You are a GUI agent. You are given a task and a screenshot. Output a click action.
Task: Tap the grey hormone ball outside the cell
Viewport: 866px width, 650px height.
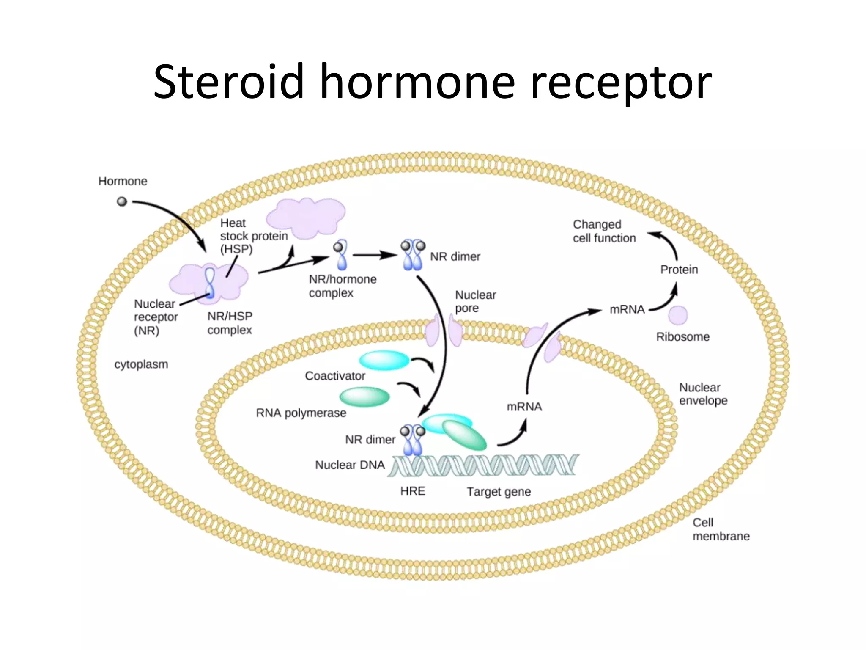tap(122, 201)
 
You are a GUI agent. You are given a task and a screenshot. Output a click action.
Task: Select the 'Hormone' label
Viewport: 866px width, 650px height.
tap(123, 181)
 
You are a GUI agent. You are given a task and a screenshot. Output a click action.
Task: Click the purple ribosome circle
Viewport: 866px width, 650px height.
tap(678, 315)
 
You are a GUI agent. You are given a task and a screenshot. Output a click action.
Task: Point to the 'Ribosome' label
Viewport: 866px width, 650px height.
tap(682, 337)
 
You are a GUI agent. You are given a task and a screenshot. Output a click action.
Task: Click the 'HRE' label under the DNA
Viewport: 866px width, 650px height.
tap(413, 491)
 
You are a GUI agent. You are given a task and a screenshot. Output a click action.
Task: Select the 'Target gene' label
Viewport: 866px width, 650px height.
tap(499, 492)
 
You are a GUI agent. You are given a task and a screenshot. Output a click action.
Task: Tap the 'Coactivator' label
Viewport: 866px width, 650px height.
tap(335, 376)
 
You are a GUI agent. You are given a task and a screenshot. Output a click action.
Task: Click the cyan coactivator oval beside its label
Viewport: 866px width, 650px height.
tap(384, 361)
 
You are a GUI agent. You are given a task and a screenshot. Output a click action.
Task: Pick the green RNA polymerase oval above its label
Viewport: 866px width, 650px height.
tap(364, 397)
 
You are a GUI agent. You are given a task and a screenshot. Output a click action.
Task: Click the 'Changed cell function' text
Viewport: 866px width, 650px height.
tap(604, 231)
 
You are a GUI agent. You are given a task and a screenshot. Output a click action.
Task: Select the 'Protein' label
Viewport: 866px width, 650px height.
tap(679, 270)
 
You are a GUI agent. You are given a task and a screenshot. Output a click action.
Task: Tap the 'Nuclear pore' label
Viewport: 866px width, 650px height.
tap(475, 301)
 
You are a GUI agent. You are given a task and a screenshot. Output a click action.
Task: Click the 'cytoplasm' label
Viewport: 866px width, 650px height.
tap(141, 364)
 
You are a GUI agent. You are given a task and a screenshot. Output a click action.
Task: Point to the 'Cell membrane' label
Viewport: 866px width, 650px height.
tap(720, 529)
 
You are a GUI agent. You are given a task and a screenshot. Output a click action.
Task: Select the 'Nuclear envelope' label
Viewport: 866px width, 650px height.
tap(703, 394)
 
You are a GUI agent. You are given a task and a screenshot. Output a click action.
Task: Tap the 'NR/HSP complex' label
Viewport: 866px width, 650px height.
tap(230, 323)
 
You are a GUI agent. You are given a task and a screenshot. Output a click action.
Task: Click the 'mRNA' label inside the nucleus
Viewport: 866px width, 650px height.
tap(524, 407)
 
